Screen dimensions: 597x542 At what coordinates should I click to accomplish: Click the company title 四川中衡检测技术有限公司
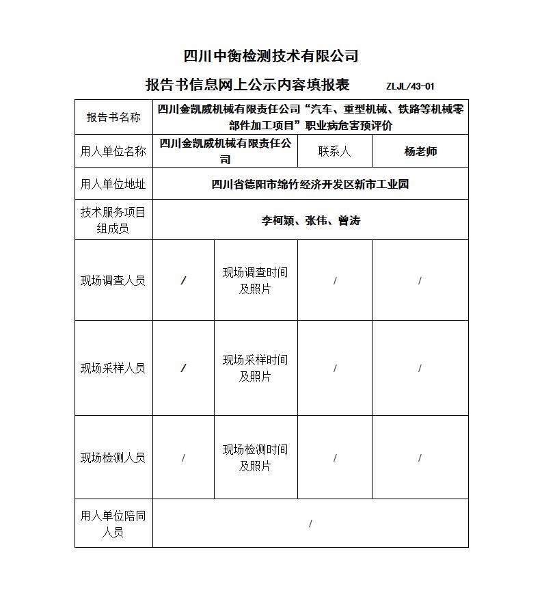click(x=271, y=56)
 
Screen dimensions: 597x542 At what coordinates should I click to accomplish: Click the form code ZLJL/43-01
click(x=410, y=86)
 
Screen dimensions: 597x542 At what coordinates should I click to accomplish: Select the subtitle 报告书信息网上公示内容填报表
click(x=247, y=85)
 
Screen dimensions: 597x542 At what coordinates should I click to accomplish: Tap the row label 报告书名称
click(x=113, y=117)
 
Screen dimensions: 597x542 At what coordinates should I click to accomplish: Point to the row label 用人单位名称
click(x=113, y=151)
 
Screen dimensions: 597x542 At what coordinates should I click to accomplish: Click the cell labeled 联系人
click(x=334, y=151)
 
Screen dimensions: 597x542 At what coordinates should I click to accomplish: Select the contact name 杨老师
click(x=420, y=151)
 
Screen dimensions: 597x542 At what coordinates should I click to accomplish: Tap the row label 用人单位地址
click(x=113, y=184)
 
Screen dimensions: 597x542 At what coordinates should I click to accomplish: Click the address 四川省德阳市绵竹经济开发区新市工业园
click(x=310, y=184)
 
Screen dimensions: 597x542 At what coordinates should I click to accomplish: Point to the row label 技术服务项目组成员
click(x=113, y=220)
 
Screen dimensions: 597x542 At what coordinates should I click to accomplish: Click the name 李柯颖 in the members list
click(x=277, y=220)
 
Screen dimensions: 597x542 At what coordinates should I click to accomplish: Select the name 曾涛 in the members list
click(x=349, y=220)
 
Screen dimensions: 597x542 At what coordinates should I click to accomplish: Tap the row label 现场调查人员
click(x=113, y=280)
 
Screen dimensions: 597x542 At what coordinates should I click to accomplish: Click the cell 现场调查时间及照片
click(x=255, y=280)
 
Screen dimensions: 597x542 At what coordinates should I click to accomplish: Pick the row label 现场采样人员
click(x=113, y=368)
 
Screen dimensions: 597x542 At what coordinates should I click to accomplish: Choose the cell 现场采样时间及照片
click(x=255, y=368)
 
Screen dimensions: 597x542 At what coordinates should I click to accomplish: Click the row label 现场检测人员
click(x=113, y=457)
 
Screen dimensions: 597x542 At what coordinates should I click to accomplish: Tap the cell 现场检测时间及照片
click(x=255, y=457)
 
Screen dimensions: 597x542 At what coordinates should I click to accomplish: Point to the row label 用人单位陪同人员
click(x=113, y=524)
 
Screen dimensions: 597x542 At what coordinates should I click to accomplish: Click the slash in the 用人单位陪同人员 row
click(x=310, y=524)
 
